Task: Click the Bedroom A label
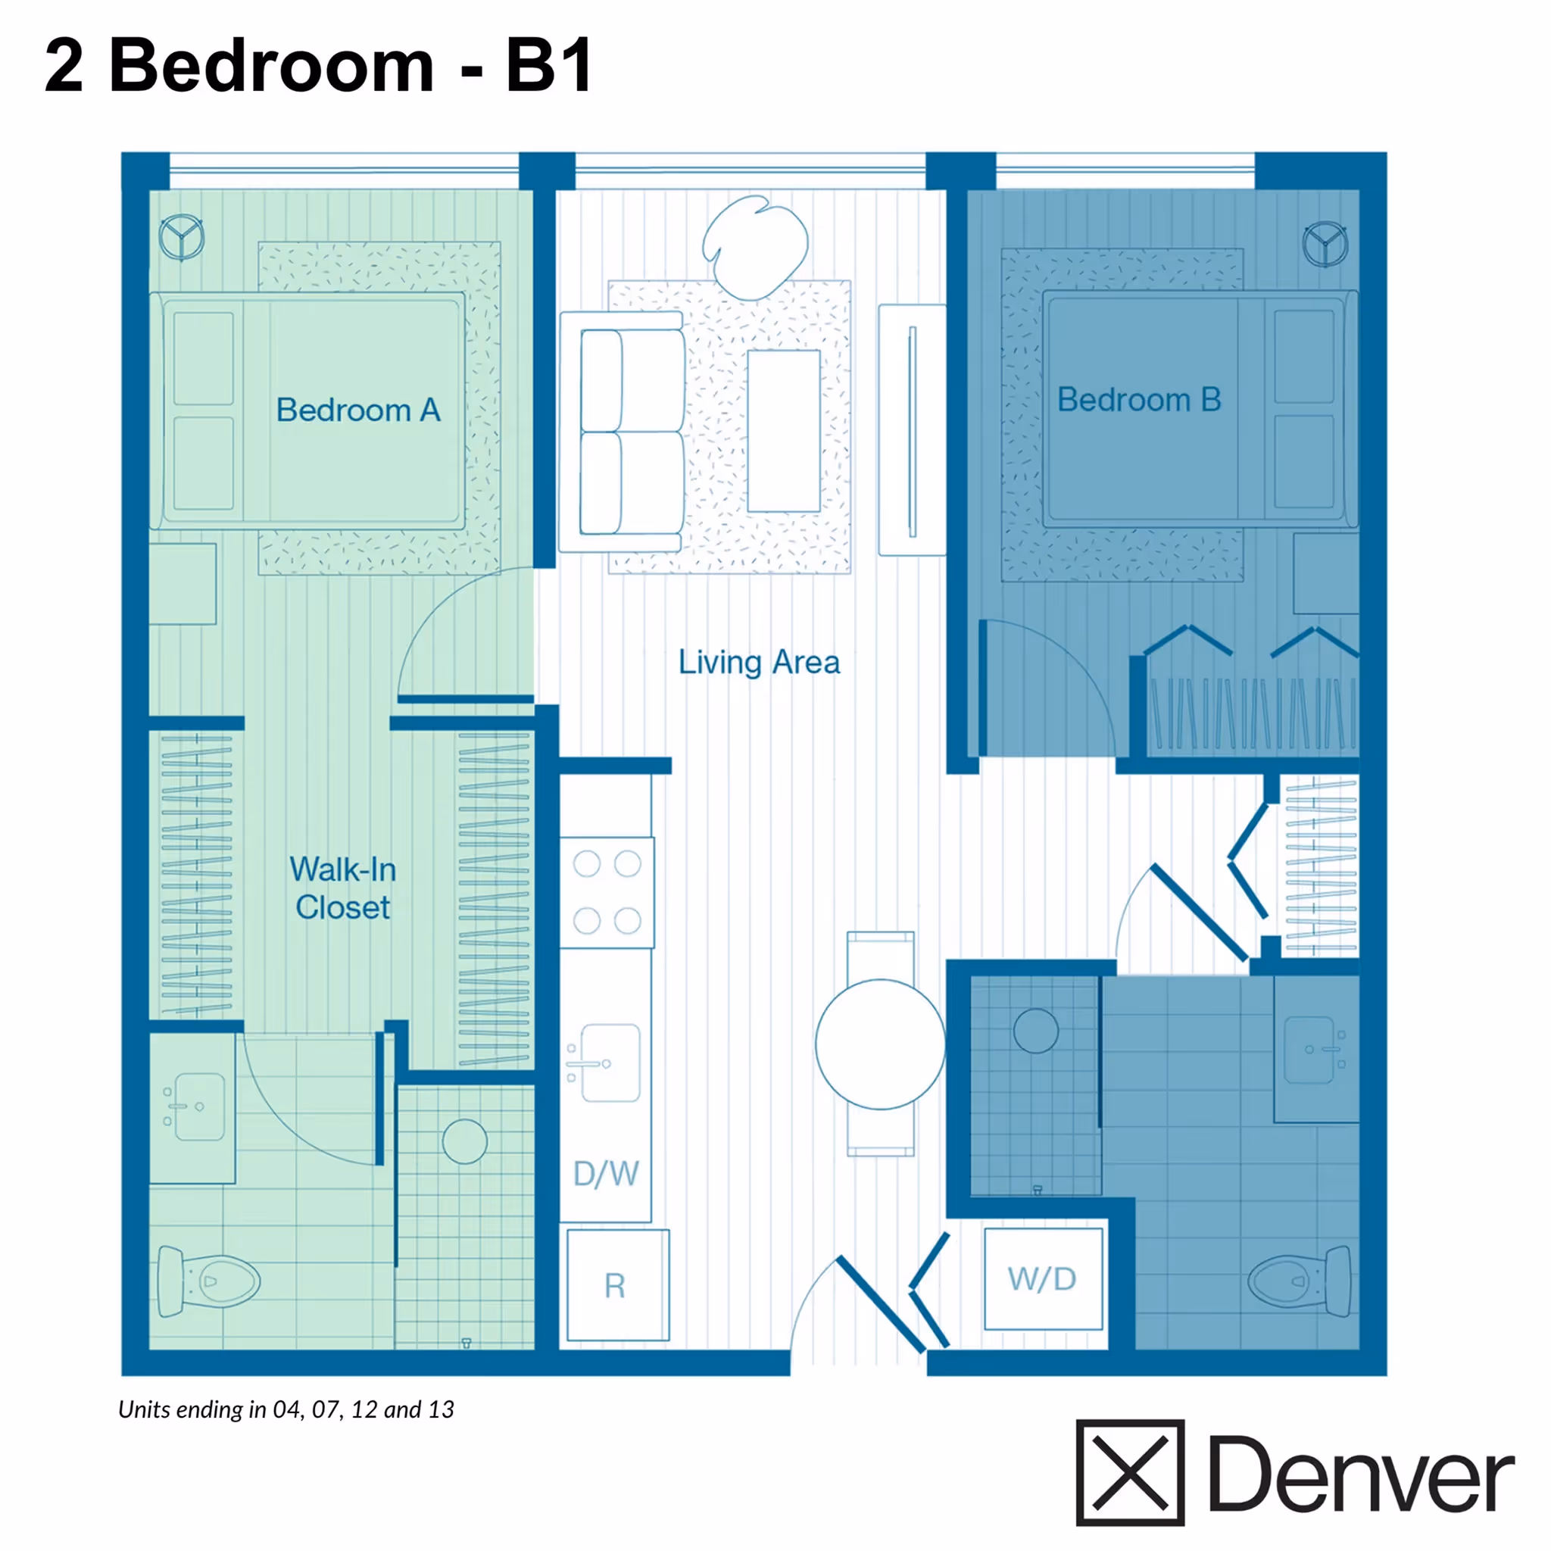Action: (358, 410)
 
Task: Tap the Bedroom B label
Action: (1138, 400)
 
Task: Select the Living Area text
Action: (759, 663)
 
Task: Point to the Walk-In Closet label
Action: (343, 888)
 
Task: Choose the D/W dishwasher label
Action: (606, 1174)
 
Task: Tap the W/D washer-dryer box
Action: (1043, 1279)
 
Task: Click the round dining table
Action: (880, 1044)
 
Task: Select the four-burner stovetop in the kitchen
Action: (607, 892)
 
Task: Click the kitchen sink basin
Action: (610, 1063)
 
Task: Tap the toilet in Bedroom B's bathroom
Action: (1300, 1281)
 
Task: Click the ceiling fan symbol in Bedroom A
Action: (183, 238)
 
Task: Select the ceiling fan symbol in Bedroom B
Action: (1325, 244)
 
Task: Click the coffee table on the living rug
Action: (784, 430)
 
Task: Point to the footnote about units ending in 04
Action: (286, 1409)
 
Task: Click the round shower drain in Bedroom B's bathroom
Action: (1035, 1031)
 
